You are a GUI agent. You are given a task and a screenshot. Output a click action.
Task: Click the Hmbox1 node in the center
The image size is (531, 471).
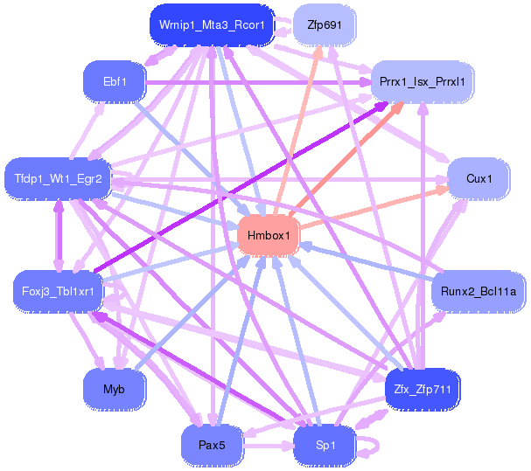269,236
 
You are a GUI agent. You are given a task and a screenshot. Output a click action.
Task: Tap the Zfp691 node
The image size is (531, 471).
324,25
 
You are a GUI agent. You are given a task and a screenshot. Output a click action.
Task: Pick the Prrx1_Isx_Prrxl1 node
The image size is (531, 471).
422,82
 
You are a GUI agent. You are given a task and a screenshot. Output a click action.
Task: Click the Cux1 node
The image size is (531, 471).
479,178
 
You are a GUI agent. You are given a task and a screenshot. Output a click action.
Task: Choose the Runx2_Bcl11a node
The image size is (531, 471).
478,291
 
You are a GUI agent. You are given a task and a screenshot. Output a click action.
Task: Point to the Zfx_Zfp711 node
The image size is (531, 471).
422,388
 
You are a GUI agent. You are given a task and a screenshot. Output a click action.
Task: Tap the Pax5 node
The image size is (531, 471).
212,445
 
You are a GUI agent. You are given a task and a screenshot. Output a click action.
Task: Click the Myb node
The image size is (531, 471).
115,388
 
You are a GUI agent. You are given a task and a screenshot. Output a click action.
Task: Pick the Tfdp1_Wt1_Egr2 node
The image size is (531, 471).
59,178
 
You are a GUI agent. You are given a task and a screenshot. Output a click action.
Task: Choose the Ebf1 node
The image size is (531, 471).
115,82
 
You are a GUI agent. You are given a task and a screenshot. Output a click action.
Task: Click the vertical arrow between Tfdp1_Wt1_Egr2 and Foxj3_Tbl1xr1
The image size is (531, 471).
59,234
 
